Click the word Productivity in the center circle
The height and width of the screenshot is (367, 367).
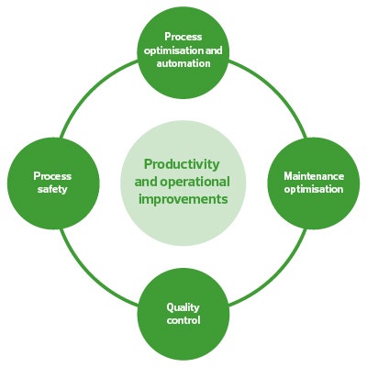click(182, 165)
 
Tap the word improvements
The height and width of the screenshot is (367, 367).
click(183, 199)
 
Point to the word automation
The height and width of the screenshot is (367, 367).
click(183, 63)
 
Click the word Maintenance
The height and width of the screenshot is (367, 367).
click(314, 176)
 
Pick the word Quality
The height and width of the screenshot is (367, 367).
click(183, 307)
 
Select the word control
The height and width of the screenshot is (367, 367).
click(183, 320)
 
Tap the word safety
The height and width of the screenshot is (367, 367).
click(52, 189)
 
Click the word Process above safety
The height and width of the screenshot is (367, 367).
click(52, 176)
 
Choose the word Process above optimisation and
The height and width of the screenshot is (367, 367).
click(183, 37)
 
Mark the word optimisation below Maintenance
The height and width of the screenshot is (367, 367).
click(314, 189)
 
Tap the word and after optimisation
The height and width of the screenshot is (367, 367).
click(214, 50)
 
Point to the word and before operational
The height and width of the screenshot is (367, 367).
click(146, 182)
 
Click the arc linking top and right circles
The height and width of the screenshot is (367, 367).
click(277, 90)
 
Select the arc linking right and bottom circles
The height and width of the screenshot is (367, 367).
click(277, 277)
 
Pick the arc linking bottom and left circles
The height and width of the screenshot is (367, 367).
click(90, 277)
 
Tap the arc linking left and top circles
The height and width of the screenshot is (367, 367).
click(90, 90)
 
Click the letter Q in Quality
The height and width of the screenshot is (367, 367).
click(170, 307)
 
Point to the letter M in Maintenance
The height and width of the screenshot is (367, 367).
click(289, 176)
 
